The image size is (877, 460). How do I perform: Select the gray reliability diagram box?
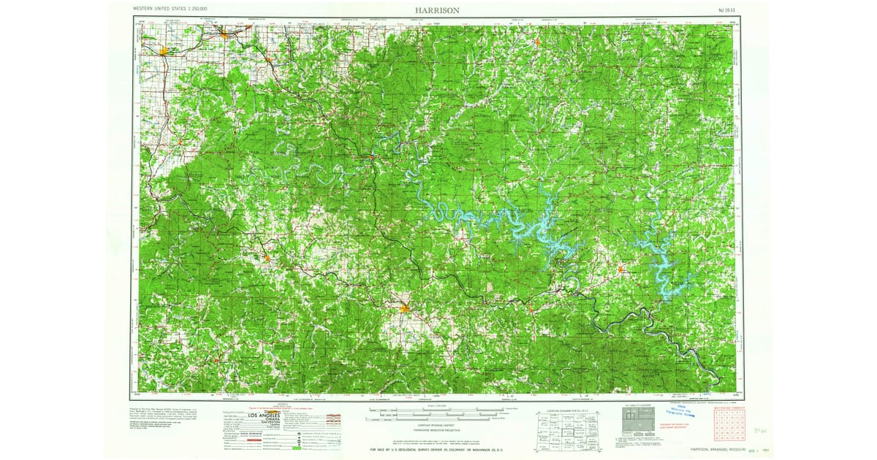point(635,421)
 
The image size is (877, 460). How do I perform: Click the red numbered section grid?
point(724,427)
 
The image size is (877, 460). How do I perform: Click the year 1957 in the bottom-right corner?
point(745,451)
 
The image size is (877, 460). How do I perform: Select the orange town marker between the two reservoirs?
point(620,270)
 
